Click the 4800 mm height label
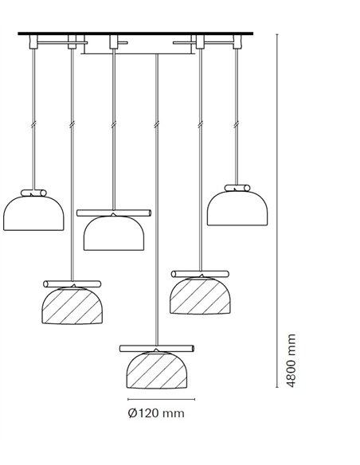tap(292, 361)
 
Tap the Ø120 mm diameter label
tap(156, 412)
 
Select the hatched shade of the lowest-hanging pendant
tap(157, 370)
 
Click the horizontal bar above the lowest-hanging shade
tap(157, 349)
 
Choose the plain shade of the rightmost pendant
tap(237, 208)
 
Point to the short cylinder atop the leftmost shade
tap(33, 193)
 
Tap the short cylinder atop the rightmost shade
tap(237, 188)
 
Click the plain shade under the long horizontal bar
tap(114, 233)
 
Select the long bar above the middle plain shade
tap(114, 213)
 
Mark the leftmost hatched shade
tap(72, 306)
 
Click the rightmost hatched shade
tap(201, 295)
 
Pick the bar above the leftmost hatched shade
tap(72, 283)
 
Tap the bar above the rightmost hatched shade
tap(200, 274)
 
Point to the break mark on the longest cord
tap(157, 125)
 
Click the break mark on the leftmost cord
tap(33, 125)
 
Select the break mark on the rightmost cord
tap(237, 125)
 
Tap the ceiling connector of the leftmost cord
tap(33, 42)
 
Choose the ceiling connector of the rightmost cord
tap(237, 42)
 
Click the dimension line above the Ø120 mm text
tap(162, 399)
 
